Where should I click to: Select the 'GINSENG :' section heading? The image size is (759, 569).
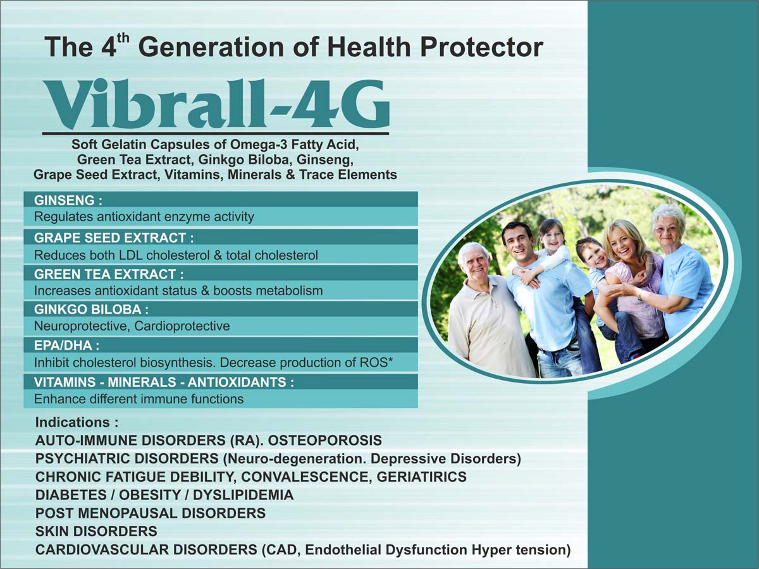(68, 200)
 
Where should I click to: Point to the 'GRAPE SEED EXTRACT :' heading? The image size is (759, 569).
(114, 238)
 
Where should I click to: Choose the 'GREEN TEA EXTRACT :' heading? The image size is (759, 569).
(109, 274)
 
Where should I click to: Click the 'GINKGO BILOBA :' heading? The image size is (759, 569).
(91, 310)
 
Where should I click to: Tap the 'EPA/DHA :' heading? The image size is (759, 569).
(67, 345)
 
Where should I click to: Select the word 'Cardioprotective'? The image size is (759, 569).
(182, 326)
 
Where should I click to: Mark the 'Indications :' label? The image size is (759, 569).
(77, 422)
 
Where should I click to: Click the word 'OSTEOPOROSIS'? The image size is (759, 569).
(325, 441)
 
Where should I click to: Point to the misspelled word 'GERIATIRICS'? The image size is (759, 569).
(421, 477)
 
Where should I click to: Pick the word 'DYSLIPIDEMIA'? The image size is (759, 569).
(243, 495)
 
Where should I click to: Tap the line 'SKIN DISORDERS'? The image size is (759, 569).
(96, 531)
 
